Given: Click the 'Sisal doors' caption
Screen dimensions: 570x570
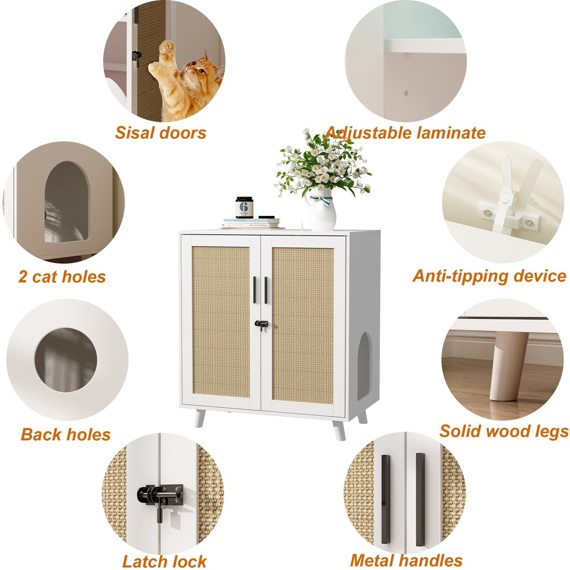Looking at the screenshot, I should pyautogui.click(x=161, y=133).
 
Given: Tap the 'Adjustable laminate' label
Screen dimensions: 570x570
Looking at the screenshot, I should pyautogui.click(x=406, y=133).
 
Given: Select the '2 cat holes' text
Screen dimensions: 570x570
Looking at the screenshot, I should pyautogui.click(x=62, y=277).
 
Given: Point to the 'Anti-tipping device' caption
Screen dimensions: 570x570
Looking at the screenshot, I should pyautogui.click(x=489, y=276).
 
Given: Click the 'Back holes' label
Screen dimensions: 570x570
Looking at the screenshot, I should pyautogui.click(x=65, y=435).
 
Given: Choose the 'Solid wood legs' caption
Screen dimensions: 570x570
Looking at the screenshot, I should pyautogui.click(x=504, y=431).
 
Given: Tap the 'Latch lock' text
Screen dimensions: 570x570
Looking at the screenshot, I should pyautogui.click(x=164, y=561).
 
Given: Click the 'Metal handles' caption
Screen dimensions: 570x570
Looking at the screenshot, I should pyautogui.click(x=406, y=560).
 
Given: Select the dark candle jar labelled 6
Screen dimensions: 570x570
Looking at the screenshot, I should pyautogui.click(x=244, y=207).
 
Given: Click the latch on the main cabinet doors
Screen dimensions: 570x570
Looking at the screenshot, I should pyautogui.click(x=261, y=324).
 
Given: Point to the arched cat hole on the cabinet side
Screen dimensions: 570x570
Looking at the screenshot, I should pyautogui.click(x=364, y=365).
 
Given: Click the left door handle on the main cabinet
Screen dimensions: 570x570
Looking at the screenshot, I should pyautogui.click(x=254, y=290).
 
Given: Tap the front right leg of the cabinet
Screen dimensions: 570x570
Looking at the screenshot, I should pyautogui.click(x=338, y=430).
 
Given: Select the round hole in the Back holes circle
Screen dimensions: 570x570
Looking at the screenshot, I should pyautogui.click(x=66, y=360).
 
